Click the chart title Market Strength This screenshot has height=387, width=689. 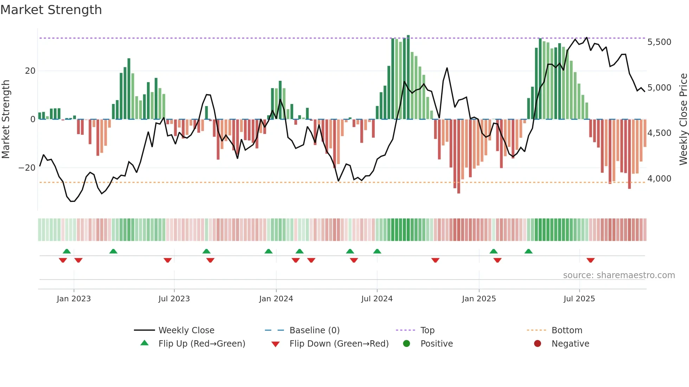pyautogui.click(x=51, y=10)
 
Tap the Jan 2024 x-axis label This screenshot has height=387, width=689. pyautogui.click(x=276, y=299)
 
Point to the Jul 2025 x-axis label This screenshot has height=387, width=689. pyautogui.click(x=579, y=299)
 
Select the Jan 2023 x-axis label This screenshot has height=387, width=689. pyautogui.click(x=73, y=299)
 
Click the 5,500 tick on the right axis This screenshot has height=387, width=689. pyautogui.click(x=659, y=42)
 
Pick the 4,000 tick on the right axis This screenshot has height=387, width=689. pyautogui.click(x=659, y=179)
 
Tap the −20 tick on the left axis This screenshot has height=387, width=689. pyautogui.click(x=27, y=168)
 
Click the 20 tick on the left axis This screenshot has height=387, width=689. pyautogui.click(x=30, y=71)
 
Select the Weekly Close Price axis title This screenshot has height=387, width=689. pyautogui.click(x=683, y=119)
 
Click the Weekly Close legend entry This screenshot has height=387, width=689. pyautogui.click(x=186, y=330)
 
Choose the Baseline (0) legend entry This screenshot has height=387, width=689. pyautogui.click(x=314, y=330)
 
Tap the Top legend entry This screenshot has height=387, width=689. pyautogui.click(x=427, y=330)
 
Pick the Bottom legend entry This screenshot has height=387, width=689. pyautogui.click(x=567, y=330)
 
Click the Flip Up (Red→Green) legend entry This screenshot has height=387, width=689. pyautogui.click(x=201, y=344)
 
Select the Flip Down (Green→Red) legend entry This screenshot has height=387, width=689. pyautogui.click(x=339, y=344)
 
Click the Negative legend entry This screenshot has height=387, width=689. pyautogui.click(x=570, y=344)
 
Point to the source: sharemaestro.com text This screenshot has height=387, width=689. pyautogui.click(x=619, y=275)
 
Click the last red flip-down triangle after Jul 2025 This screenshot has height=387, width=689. pyautogui.click(x=591, y=260)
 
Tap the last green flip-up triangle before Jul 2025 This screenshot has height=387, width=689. pyautogui.click(x=528, y=251)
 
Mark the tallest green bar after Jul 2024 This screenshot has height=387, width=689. pyautogui.click(x=408, y=77)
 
